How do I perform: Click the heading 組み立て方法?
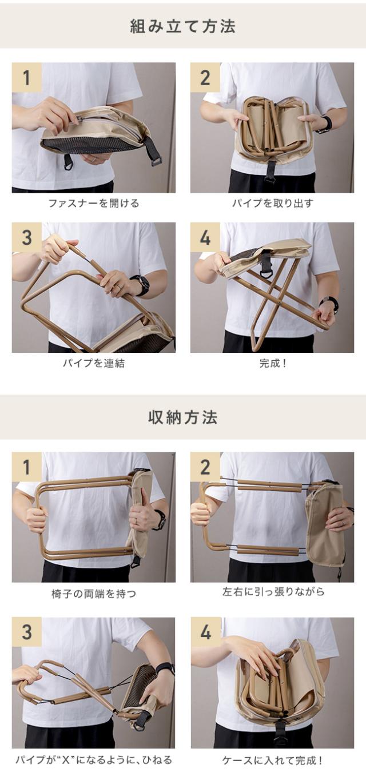183,26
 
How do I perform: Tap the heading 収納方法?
183,417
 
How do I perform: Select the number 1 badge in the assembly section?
26,77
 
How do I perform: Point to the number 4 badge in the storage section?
205,632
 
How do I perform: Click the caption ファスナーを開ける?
93,203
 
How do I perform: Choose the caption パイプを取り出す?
272,203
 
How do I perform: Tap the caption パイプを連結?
93,363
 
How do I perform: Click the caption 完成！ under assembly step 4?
272,363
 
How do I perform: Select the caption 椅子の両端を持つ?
93,594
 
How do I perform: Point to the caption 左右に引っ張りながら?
273,592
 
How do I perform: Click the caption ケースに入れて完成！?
272,761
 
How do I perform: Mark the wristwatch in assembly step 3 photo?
141,284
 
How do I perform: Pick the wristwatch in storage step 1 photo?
160,520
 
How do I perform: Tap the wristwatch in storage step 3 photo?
165,668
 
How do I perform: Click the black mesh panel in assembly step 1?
91,145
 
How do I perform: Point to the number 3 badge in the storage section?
26,632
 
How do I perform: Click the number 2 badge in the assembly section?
205,77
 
